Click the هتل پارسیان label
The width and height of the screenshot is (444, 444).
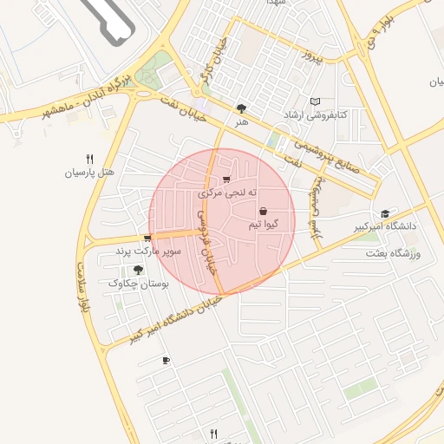point(89,173)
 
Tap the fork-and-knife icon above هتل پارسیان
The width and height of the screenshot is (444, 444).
point(89,159)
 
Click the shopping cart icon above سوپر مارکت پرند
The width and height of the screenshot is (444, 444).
point(147,238)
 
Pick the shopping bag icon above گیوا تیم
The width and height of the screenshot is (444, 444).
point(263,211)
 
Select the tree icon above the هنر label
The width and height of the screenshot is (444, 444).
point(240,109)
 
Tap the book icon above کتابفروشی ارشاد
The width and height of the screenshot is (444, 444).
point(315,101)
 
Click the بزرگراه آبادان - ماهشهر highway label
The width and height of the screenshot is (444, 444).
point(82,98)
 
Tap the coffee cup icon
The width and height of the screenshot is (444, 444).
point(166,360)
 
